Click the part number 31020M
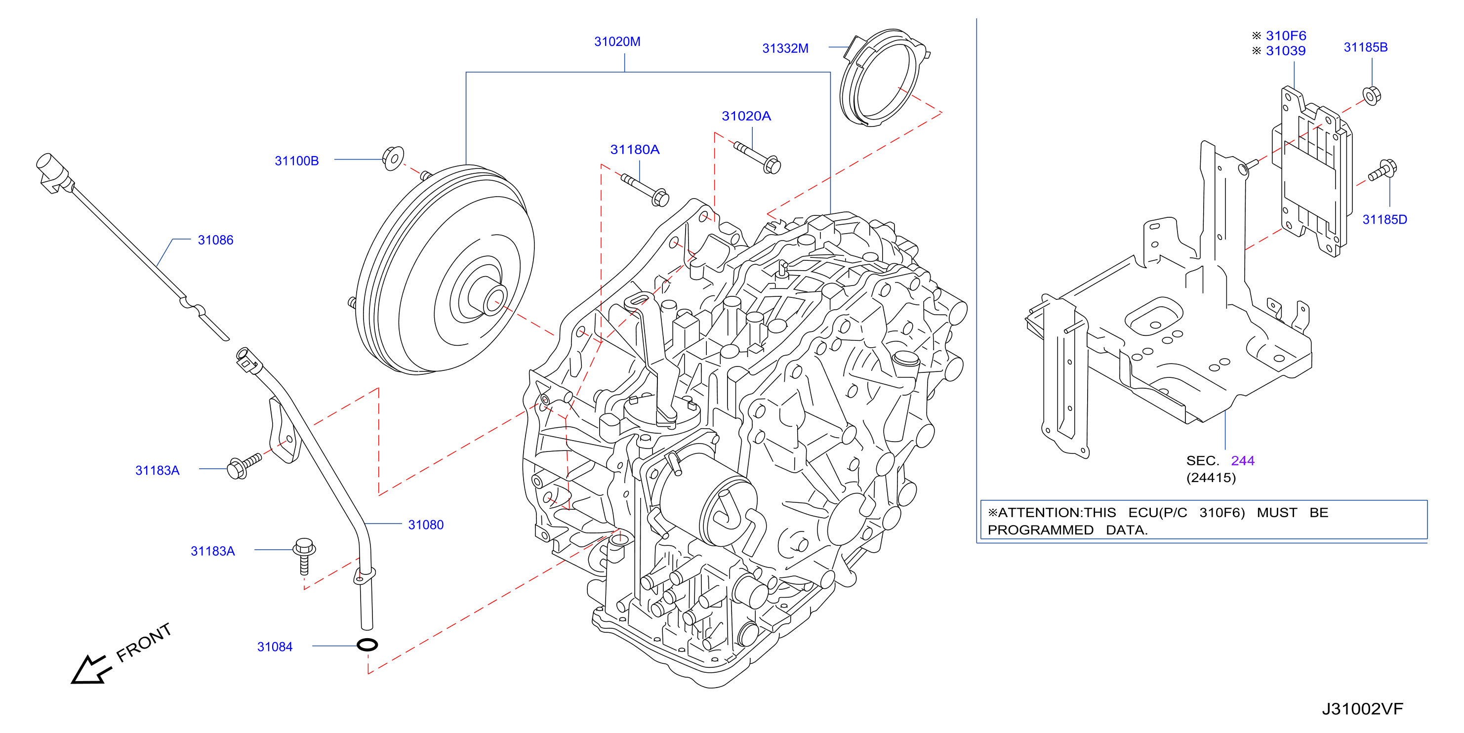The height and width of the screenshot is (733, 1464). coord(617,41)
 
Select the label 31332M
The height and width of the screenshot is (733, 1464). coord(785,48)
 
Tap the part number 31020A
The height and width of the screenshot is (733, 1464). coord(746,116)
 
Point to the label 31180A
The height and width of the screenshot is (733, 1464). coord(635,150)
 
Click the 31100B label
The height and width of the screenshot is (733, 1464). coord(297,161)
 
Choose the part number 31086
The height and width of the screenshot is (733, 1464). coord(215,240)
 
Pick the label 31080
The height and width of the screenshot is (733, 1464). coord(426,525)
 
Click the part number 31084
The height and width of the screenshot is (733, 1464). coord(275,647)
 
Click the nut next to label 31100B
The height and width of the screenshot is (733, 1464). coord(393,158)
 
